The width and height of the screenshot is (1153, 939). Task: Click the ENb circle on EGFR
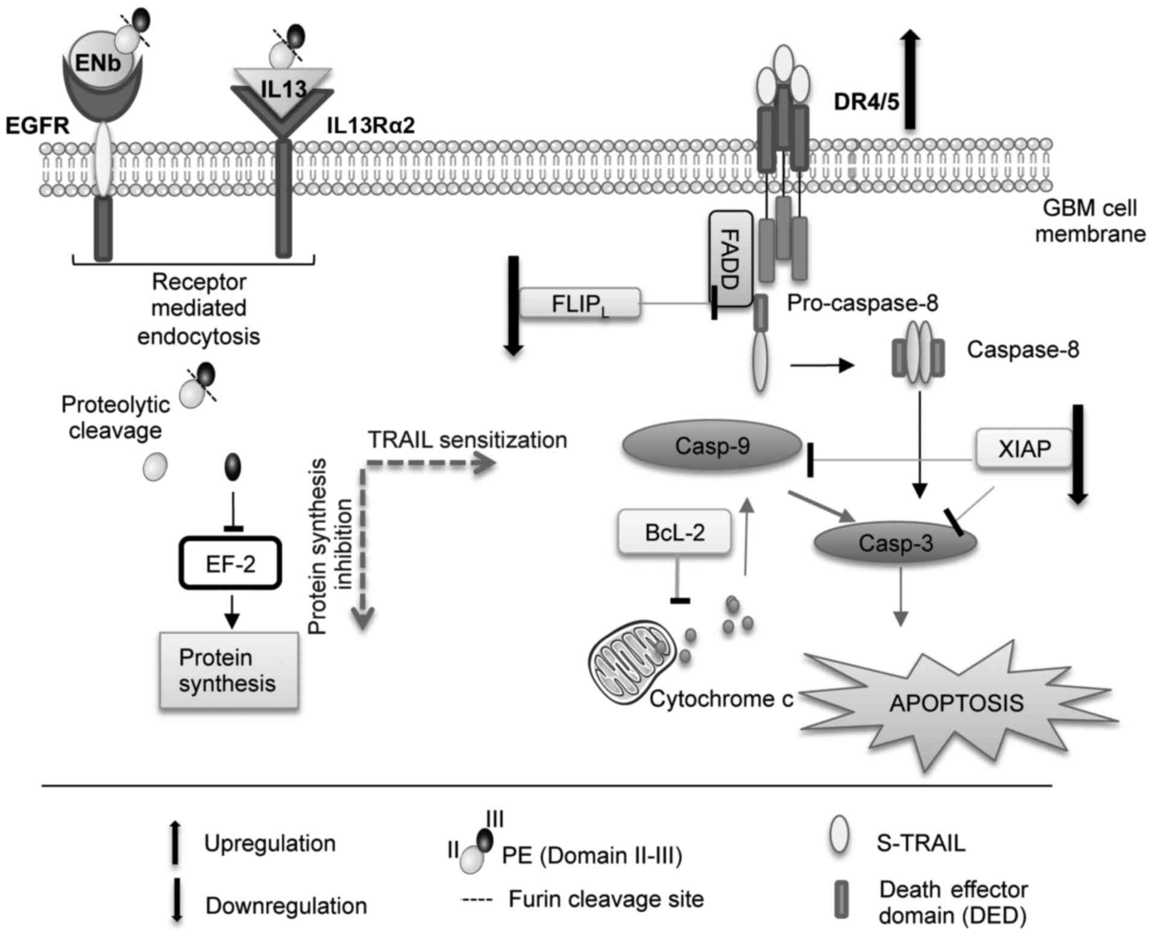coord(98,62)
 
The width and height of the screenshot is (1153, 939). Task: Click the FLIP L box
coord(579,303)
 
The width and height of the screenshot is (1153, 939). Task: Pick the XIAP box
coord(1024,448)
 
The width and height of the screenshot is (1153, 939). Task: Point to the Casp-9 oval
coord(712,446)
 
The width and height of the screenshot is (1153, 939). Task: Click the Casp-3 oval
coord(895,543)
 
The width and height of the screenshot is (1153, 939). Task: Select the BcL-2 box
coord(674,532)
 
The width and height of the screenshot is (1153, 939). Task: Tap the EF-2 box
coord(230,563)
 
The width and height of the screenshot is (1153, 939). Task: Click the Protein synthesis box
coord(228,670)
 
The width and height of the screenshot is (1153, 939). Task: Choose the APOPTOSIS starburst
coord(957,703)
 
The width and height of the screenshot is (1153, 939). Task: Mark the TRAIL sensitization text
coord(468,440)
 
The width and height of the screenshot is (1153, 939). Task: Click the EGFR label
coord(37,126)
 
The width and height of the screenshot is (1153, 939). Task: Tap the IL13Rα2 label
coord(371,126)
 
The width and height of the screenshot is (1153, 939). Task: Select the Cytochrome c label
coord(721,699)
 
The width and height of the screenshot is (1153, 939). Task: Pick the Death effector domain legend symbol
coord(841,900)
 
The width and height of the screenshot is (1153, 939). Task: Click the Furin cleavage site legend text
coord(606,899)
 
